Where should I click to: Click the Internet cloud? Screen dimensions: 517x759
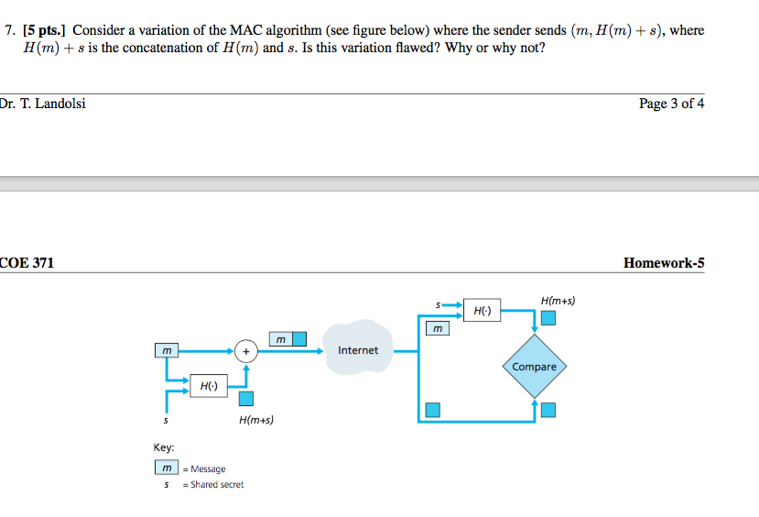pyautogui.click(x=358, y=349)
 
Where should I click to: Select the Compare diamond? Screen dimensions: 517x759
pyautogui.click(x=534, y=366)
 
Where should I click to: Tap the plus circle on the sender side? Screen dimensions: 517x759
pyautogui.click(x=245, y=349)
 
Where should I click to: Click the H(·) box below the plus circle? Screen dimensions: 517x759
pyautogui.click(x=209, y=386)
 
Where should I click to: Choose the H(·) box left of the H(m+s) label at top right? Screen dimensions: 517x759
pyautogui.click(x=482, y=311)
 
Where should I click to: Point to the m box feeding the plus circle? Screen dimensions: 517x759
pyautogui.click(x=166, y=349)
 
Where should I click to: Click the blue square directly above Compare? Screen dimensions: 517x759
pyautogui.click(x=548, y=318)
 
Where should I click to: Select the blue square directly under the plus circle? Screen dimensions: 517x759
pyautogui.click(x=245, y=398)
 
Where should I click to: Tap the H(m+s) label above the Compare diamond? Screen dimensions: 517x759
pyautogui.click(x=558, y=300)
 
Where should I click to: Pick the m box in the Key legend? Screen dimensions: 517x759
pyautogui.click(x=166, y=468)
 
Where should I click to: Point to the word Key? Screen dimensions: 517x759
pyautogui.click(x=164, y=447)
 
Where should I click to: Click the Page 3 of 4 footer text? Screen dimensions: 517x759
pyautogui.click(x=671, y=103)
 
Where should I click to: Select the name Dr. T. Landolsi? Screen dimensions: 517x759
pyautogui.click(x=43, y=103)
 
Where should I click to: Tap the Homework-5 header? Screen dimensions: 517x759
pyautogui.click(x=663, y=263)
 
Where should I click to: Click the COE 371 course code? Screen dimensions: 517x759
pyautogui.click(x=27, y=263)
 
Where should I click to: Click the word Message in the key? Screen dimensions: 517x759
pyautogui.click(x=208, y=468)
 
